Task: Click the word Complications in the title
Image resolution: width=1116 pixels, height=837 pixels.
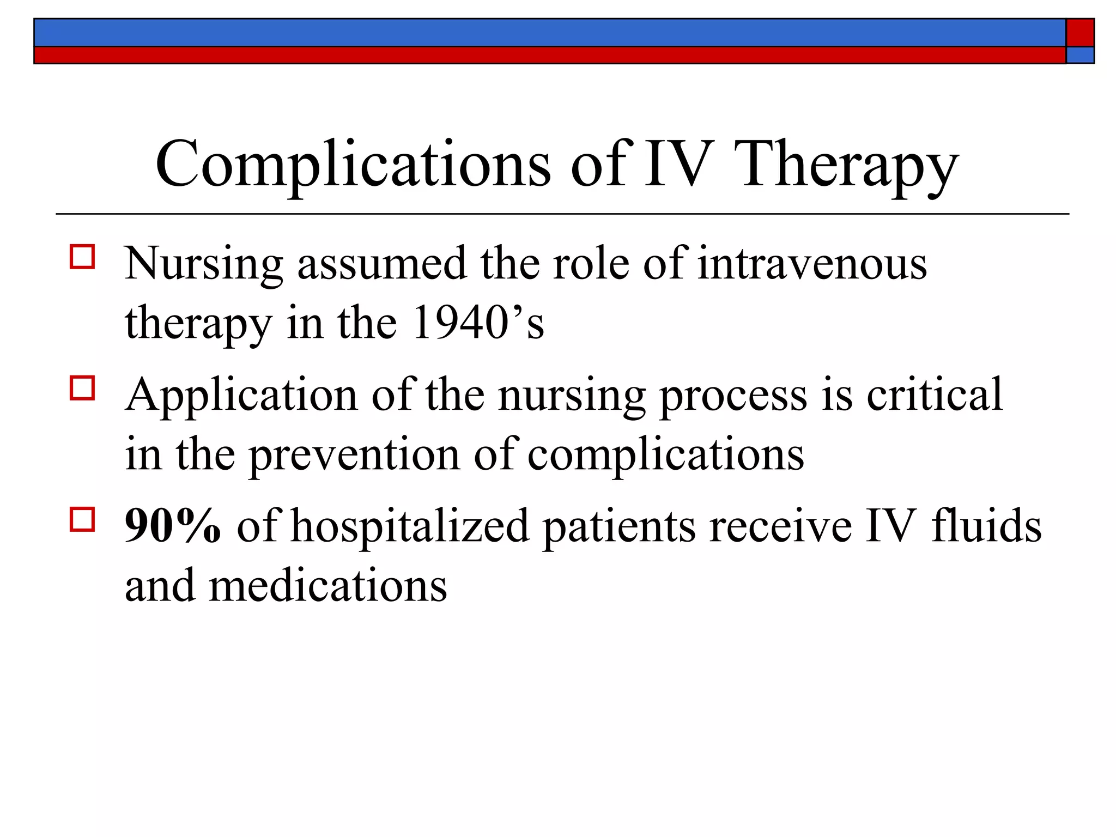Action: [x=353, y=165]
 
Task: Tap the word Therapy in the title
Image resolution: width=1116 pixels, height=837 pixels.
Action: [x=848, y=165]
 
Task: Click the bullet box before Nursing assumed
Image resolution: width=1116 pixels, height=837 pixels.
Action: [x=82, y=256]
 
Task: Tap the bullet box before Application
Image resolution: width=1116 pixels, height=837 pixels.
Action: [x=82, y=388]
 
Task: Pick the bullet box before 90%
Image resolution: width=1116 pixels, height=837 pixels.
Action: [x=82, y=519]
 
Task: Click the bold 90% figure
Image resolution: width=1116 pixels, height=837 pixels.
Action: [x=173, y=526]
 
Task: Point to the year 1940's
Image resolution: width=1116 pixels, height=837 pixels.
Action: [x=478, y=323]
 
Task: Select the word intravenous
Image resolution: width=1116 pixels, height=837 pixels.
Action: [x=812, y=264]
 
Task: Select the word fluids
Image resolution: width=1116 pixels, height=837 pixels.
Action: [x=986, y=526]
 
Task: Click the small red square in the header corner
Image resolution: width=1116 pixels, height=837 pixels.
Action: [x=1080, y=33]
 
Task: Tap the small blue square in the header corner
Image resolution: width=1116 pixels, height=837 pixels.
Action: [x=1080, y=55]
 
